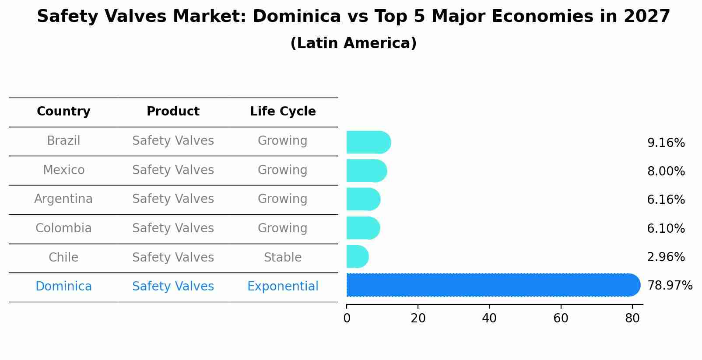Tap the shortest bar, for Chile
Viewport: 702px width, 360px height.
click(x=357, y=256)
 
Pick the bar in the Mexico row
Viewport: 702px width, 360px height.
click(x=366, y=171)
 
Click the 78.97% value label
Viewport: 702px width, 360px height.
click(x=670, y=286)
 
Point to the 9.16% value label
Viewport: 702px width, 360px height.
click(x=666, y=143)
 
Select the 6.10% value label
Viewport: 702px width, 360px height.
click(x=666, y=228)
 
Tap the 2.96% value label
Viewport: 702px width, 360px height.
click(x=666, y=257)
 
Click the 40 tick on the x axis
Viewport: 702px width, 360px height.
click(x=489, y=318)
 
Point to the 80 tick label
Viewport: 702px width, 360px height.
click(x=632, y=318)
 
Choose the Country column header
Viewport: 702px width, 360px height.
click(x=63, y=112)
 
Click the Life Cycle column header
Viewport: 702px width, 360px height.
click(x=283, y=112)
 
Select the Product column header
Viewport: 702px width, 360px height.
click(x=173, y=112)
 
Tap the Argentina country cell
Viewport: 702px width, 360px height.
click(x=63, y=199)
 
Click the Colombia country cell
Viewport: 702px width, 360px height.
click(x=63, y=228)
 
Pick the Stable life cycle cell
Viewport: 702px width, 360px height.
click(x=283, y=258)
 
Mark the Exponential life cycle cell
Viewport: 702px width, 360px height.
click(x=283, y=287)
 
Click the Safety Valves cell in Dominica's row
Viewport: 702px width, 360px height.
click(x=173, y=287)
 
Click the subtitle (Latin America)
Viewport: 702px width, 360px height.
click(x=353, y=43)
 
